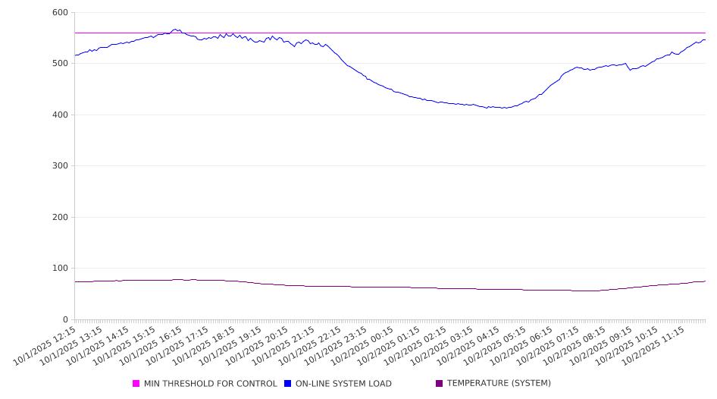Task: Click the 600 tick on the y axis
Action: point(60,13)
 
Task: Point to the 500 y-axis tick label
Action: point(60,64)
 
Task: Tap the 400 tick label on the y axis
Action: point(60,115)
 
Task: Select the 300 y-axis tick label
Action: point(60,166)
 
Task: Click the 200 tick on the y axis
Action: point(60,218)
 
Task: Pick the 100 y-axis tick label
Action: point(60,269)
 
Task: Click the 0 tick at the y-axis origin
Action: point(65,319)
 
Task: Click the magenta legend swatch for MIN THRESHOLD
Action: point(136,384)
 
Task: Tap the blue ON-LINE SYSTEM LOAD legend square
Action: point(288,384)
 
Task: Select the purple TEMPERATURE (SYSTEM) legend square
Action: point(440,384)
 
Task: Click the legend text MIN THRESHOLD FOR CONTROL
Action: point(210,384)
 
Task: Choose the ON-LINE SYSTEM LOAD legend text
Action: point(343,384)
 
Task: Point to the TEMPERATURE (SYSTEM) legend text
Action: point(499,384)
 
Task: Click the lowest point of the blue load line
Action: point(503,108)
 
